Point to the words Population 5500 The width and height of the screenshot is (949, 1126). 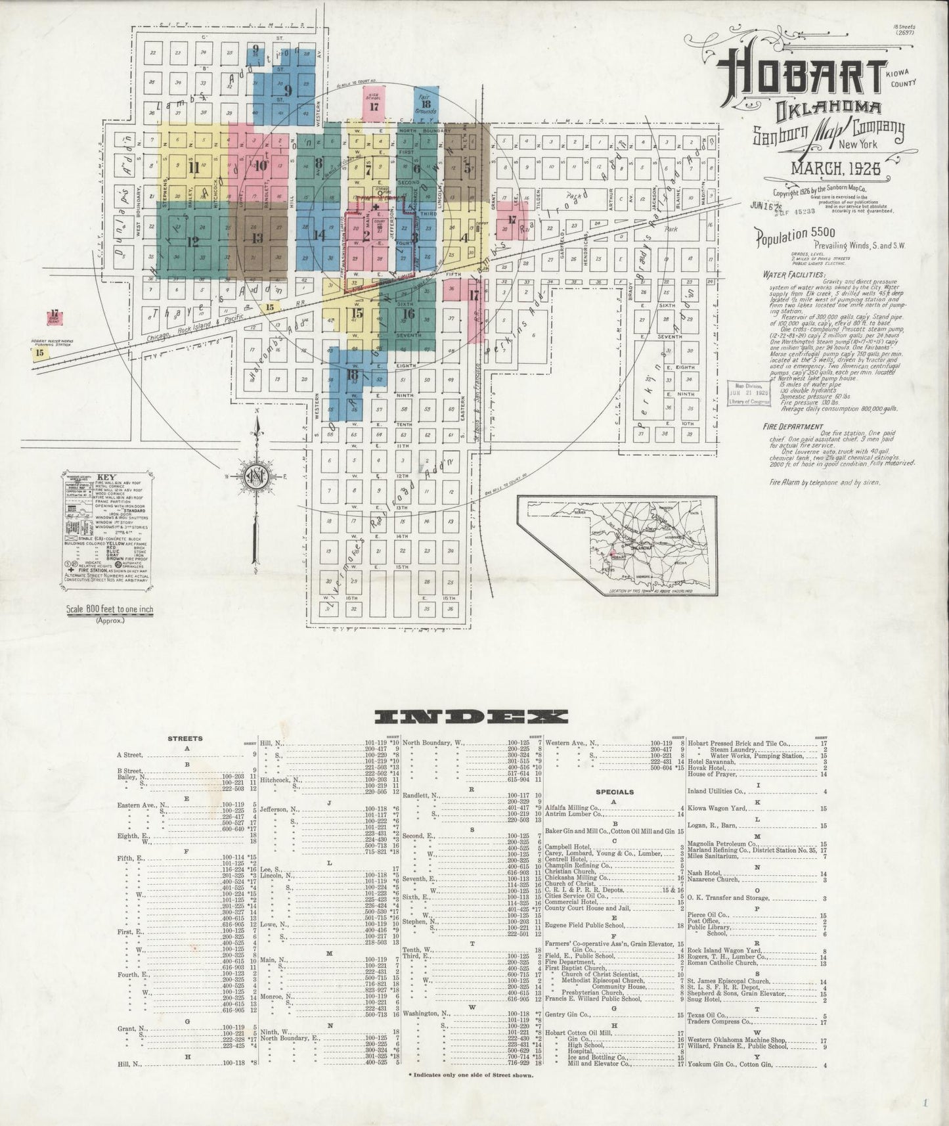[795, 234]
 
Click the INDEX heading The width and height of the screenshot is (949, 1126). [472, 715]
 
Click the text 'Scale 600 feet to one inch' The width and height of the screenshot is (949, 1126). [110, 609]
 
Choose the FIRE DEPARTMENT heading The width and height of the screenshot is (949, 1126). [793, 426]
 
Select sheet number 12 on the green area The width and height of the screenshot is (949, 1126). [192, 241]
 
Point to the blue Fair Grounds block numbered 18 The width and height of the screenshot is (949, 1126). [426, 104]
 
